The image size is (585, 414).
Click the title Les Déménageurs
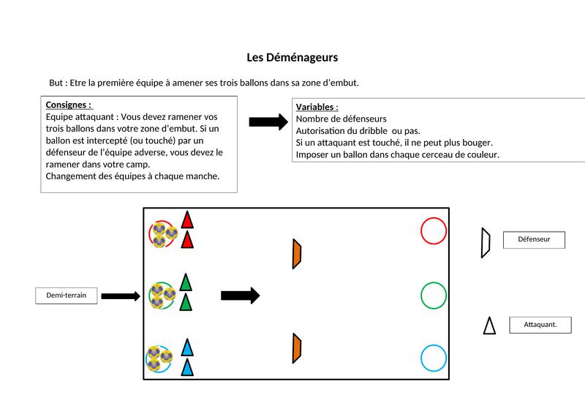coord(292,57)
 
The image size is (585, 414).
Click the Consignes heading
coord(69,105)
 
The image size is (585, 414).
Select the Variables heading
coord(317,107)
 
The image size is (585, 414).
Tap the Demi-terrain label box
coord(67,296)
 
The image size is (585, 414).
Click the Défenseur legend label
coord(534,239)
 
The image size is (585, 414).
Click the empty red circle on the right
coord(434,230)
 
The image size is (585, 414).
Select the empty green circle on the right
coord(434,296)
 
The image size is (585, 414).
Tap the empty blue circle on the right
coord(434,358)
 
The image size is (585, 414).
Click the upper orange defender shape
coord(297,253)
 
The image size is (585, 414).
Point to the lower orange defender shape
coord(297,347)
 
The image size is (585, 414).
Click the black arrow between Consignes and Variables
coord(268,122)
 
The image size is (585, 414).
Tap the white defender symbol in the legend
coord(485,243)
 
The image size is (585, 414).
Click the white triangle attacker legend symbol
coord(489,325)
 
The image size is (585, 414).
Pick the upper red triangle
coord(187,219)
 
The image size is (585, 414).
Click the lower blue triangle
coord(187,367)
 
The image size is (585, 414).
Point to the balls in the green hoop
coord(163,296)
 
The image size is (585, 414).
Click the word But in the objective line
coord(56,83)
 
